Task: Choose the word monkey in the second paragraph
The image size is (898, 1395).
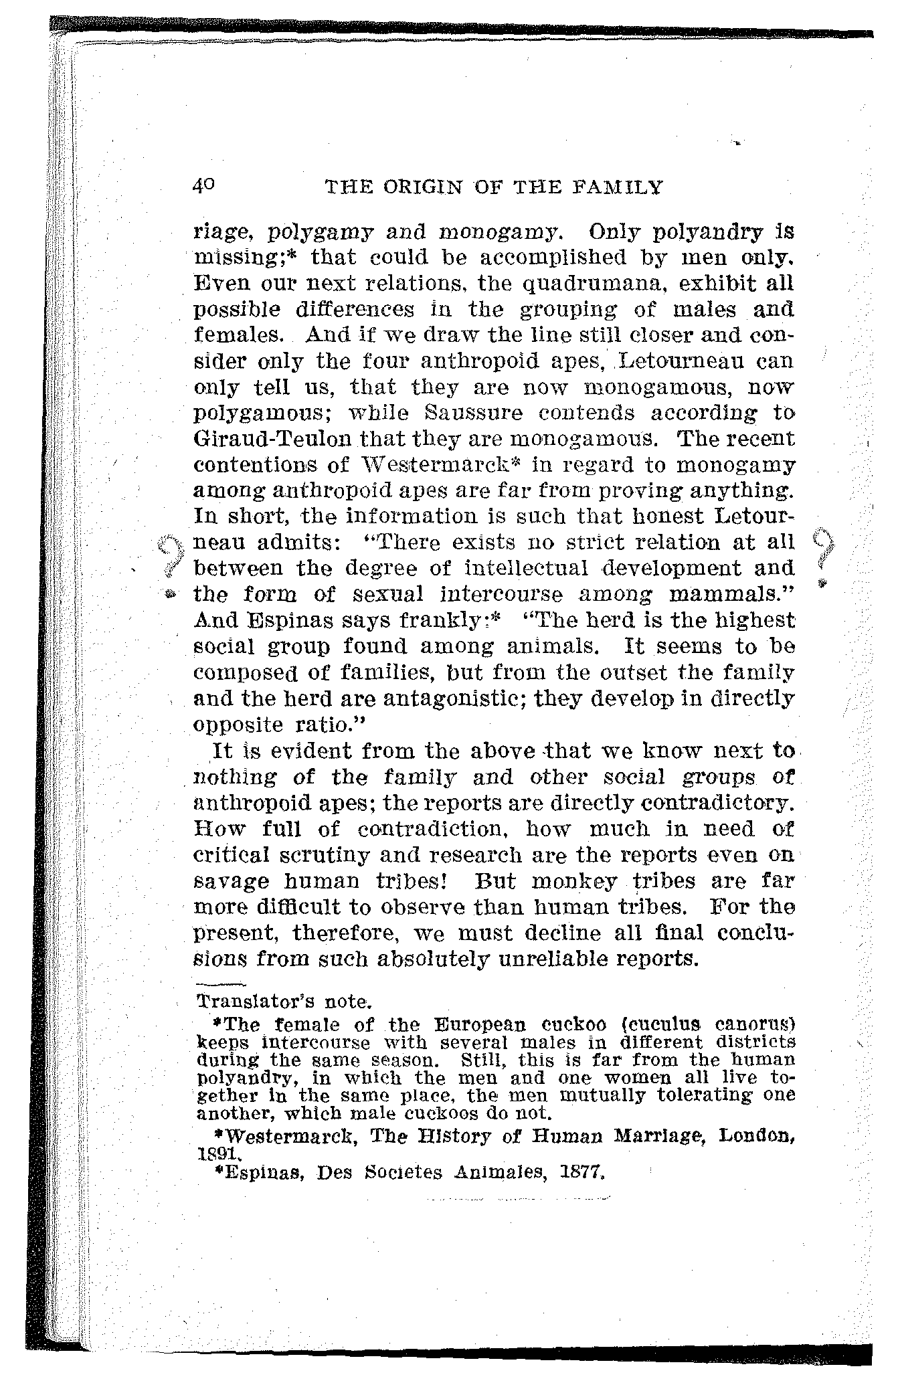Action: pyautogui.click(x=574, y=881)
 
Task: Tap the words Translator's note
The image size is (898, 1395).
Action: pyautogui.click(x=284, y=1002)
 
